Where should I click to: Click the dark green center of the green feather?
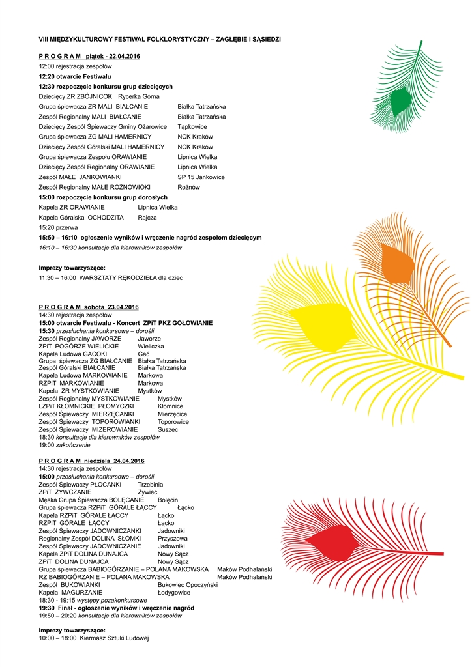click(400, 100)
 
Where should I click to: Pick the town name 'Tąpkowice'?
click(192, 126)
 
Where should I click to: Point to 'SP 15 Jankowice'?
click(201, 177)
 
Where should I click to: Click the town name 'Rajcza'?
click(147, 217)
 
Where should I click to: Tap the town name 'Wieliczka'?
click(151, 347)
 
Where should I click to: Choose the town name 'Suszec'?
click(168, 429)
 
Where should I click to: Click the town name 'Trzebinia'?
click(151, 485)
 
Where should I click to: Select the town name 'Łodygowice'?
click(174, 593)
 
